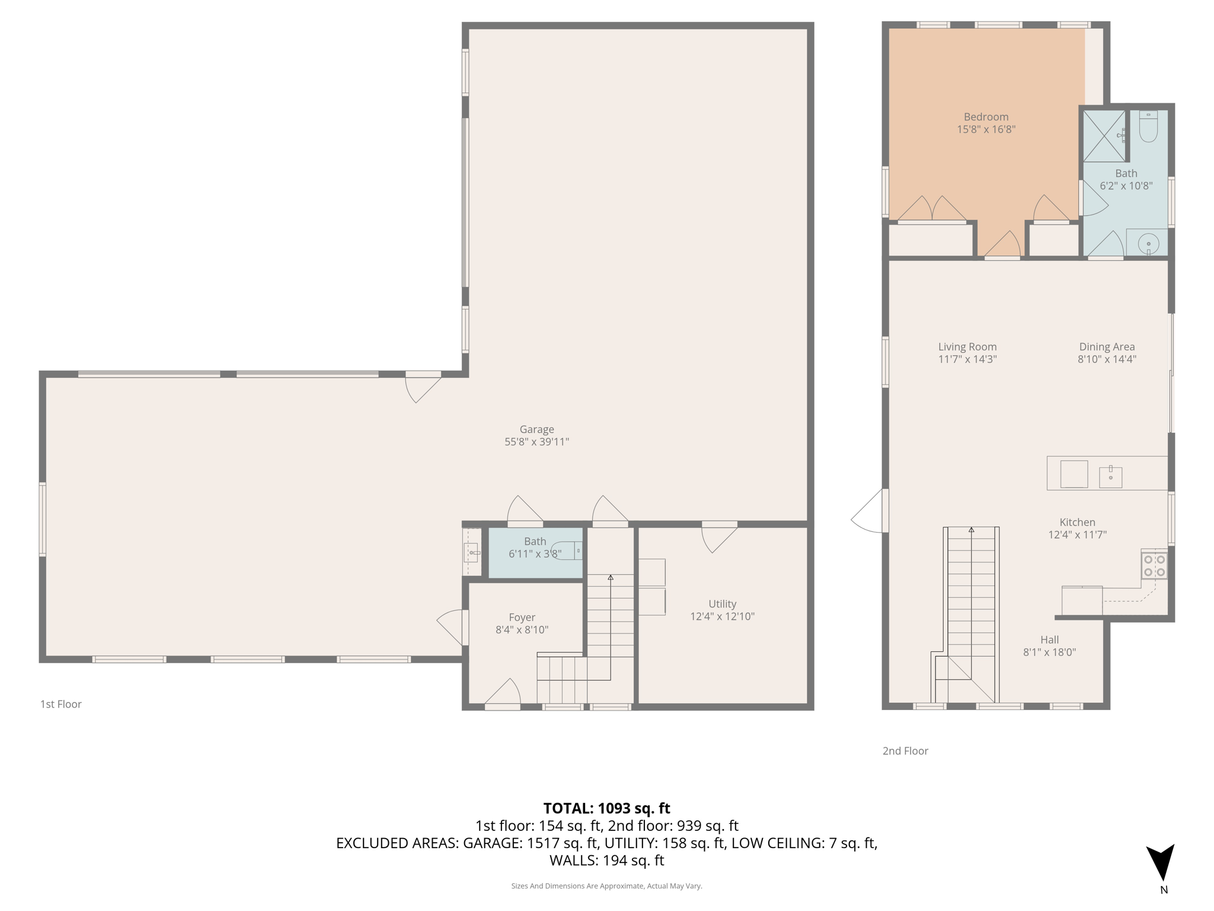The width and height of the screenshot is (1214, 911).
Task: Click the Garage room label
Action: pyautogui.click(x=536, y=429)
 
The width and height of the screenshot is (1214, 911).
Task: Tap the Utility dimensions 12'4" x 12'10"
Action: pyautogui.click(x=722, y=616)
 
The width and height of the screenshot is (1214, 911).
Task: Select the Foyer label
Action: pyautogui.click(x=522, y=617)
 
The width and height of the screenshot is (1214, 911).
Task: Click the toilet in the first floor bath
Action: pyautogui.click(x=567, y=550)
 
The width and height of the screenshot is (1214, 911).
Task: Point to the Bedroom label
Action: pyautogui.click(x=986, y=117)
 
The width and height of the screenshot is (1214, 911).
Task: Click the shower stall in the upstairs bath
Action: pyautogui.click(x=1104, y=136)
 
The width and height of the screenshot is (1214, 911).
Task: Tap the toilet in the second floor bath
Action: pyautogui.click(x=1148, y=127)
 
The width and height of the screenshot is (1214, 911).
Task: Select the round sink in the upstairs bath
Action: pyautogui.click(x=1148, y=243)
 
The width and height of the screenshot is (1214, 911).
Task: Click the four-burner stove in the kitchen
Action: pyautogui.click(x=1154, y=565)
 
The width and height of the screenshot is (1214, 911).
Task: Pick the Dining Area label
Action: pyautogui.click(x=1107, y=347)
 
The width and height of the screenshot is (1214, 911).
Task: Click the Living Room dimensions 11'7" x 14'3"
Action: pyautogui.click(x=967, y=359)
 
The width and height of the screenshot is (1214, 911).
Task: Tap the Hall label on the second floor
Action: pyautogui.click(x=1049, y=640)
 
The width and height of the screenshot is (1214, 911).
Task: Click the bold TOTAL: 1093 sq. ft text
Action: pyautogui.click(x=606, y=808)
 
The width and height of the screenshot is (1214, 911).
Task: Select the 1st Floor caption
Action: pyautogui.click(x=60, y=704)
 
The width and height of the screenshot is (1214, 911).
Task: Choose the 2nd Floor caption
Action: pyautogui.click(x=905, y=751)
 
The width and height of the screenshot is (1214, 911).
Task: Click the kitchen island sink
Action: pyautogui.click(x=1110, y=476)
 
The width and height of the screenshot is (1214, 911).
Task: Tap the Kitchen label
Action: pyautogui.click(x=1077, y=523)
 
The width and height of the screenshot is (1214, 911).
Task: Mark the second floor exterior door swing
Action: pyautogui.click(x=868, y=513)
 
